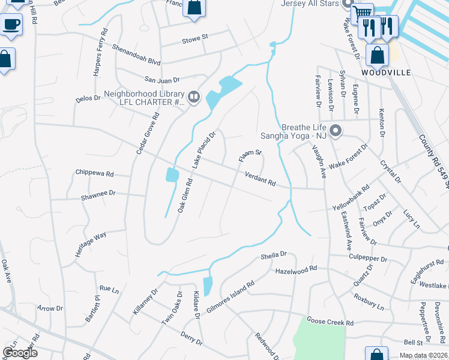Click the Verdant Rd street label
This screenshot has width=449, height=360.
tap(260, 178)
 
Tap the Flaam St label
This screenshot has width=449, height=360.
tap(250, 156)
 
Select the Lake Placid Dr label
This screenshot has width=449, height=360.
tap(203, 150)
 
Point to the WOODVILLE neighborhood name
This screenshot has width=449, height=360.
tap(386, 73)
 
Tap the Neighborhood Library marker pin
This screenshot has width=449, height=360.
tap(193, 97)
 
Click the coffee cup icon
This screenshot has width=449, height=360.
tap(11, 25)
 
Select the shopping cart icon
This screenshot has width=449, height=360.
tap(362, 13)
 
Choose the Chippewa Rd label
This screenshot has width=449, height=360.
tap(94, 173)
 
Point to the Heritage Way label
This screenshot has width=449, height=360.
tap(91, 244)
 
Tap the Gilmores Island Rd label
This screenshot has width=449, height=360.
tap(231, 295)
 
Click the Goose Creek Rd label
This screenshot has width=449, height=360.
tap(330, 322)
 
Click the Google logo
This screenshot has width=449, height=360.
tap(20, 352)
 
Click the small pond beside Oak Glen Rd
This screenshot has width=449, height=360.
tap(172, 175)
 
